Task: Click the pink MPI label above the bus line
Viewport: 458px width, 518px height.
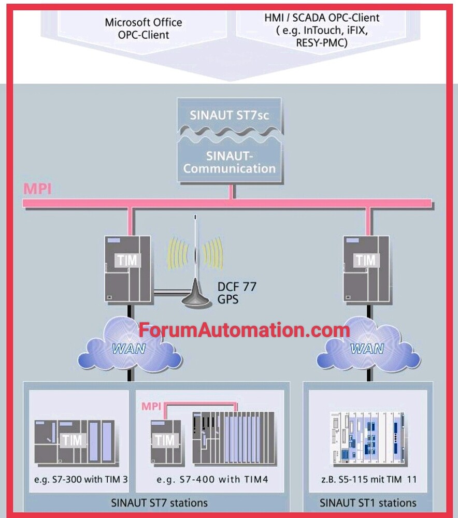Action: click(37, 189)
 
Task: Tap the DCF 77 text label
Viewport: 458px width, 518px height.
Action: click(237, 286)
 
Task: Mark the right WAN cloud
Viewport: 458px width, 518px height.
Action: click(367, 348)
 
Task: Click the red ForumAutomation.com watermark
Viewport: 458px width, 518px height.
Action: click(244, 329)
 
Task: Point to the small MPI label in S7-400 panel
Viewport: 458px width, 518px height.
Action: click(152, 404)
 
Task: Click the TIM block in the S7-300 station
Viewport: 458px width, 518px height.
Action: click(73, 441)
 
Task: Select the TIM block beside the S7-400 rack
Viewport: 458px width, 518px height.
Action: click(166, 441)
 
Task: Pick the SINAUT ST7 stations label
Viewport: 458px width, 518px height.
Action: click(160, 502)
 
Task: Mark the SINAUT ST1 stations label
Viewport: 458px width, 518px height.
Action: click(368, 502)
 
